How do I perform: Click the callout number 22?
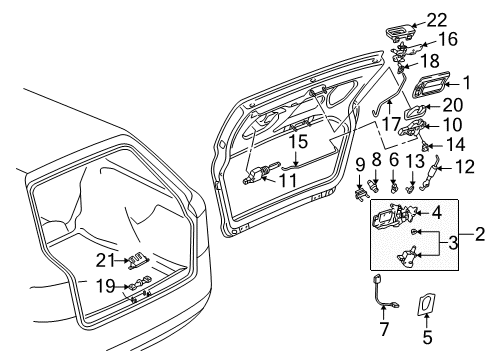(437, 21)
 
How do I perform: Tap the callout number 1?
(467, 82)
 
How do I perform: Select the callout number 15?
(298, 141)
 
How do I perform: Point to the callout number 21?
(105, 260)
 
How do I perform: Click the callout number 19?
(107, 286)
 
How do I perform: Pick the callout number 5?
(427, 337)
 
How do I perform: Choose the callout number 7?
(384, 329)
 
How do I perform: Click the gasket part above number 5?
(426, 304)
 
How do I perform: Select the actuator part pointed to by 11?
(257, 173)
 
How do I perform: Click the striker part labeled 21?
(137, 261)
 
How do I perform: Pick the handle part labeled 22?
(399, 32)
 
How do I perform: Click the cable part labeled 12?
(431, 174)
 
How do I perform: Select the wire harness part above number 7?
(383, 291)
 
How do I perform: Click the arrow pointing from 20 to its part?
(432, 107)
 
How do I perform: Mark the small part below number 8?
(373, 185)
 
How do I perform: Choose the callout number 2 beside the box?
(480, 234)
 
